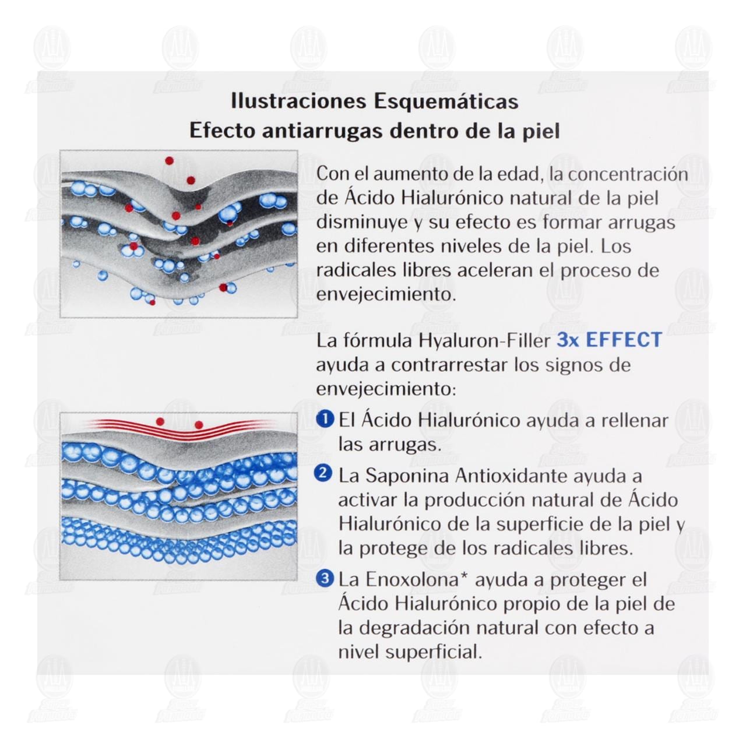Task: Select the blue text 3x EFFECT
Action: click(x=609, y=340)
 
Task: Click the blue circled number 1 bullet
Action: click(x=325, y=419)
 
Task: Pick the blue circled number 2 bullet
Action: click(x=325, y=474)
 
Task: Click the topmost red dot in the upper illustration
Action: click(x=169, y=160)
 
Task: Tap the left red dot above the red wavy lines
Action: click(x=160, y=421)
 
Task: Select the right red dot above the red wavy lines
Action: click(x=199, y=425)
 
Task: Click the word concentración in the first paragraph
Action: click(x=628, y=175)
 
